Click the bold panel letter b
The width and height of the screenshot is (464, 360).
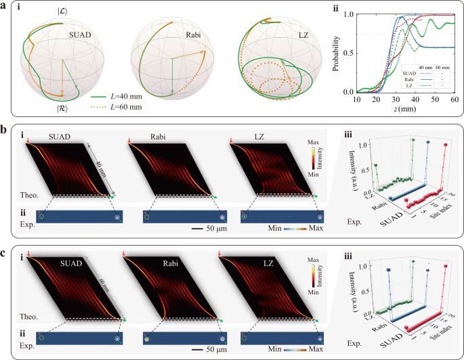(x=5, y=127)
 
